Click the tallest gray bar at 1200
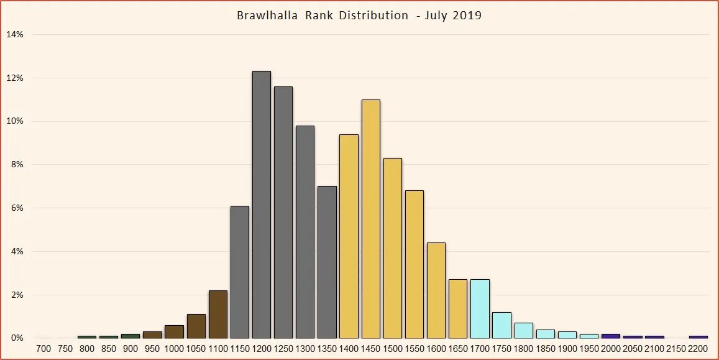point(262,205)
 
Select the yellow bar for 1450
point(370,219)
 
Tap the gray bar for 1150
point(240,272)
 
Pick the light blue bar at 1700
point(480,308)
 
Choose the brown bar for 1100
point(218,314)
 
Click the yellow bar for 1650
point(458,308)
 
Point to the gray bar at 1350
point(327,262)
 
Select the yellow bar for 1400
point(349,236)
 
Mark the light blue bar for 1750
point(501,325)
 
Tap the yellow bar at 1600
point(436,290)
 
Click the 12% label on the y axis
point(15,78)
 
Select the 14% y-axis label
point(15,35)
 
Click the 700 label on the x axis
point(44,349)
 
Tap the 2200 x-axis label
point(698,349)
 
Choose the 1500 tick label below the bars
point(393,349)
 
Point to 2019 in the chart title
point(467,16)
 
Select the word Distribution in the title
point(373,16)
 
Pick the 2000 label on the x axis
point(611,349)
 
